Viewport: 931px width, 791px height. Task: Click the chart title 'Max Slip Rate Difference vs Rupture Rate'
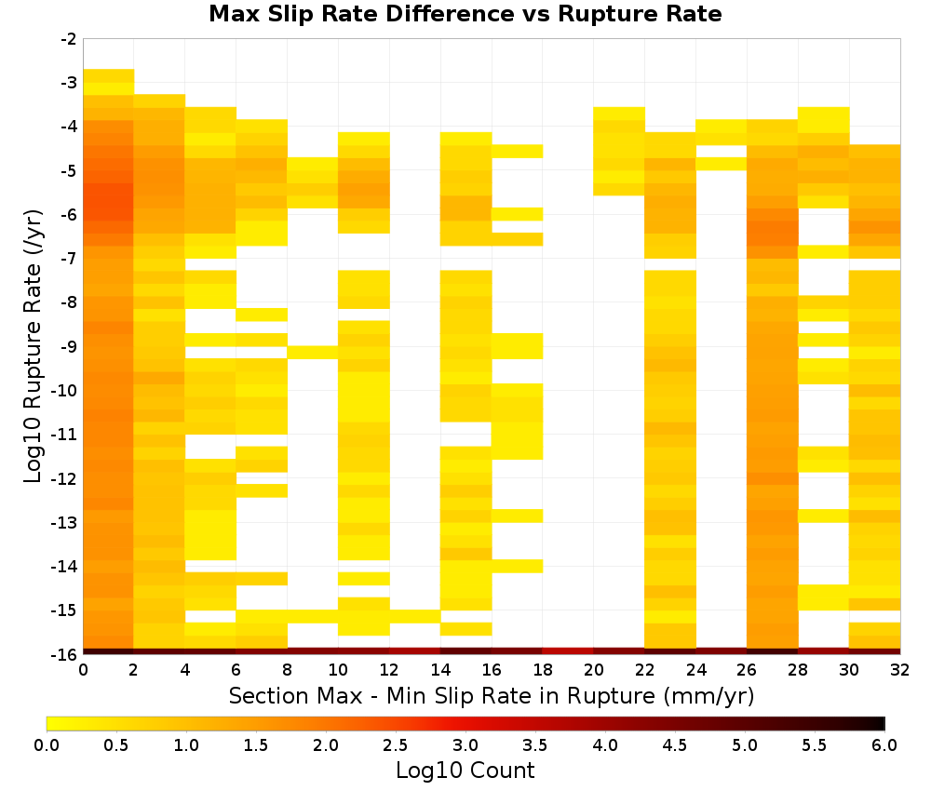point(465,14)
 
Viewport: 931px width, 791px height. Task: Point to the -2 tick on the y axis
point(69,39)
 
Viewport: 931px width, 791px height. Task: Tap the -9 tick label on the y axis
point(69,346)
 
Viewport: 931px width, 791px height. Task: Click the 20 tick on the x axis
point(594,670)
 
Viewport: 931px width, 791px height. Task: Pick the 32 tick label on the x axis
point(900,670)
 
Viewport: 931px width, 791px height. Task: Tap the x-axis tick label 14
point(440,670)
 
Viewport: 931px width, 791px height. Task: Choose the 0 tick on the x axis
point(83,670)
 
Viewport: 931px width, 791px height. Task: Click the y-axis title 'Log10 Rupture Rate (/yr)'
point(33,346)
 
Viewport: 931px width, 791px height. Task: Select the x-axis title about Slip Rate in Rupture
point(492,695)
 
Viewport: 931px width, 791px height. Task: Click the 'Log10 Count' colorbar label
point(465,771)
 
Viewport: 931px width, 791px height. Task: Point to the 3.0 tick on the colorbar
point(465,745)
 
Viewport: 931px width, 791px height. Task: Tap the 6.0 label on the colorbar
point(884,745)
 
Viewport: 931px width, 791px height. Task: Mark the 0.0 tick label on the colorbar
point(47,745)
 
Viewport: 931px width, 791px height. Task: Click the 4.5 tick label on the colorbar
point(675,745)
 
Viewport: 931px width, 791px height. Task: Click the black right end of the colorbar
point(883,723)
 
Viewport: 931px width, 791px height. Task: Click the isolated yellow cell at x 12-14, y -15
point(415,617)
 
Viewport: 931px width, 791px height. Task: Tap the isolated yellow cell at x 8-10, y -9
point(313,353)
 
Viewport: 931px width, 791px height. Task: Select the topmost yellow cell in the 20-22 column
point(619,114)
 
